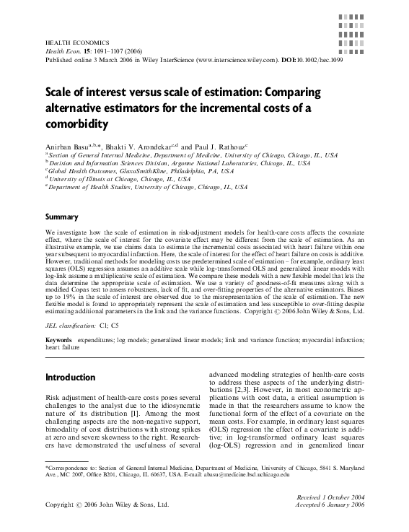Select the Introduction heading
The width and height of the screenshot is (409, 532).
[x=70, y=378]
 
